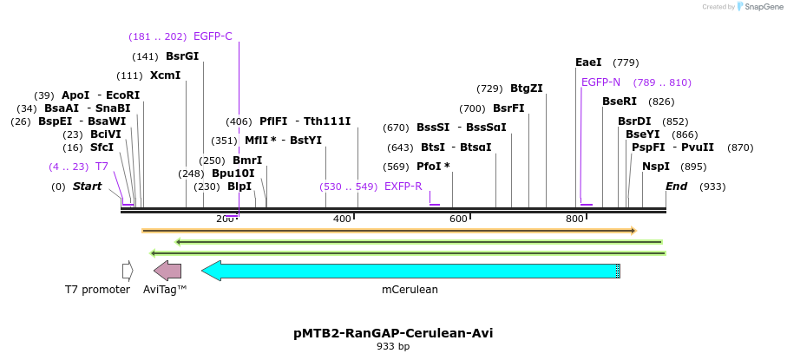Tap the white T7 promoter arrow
[128, 271]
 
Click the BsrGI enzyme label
[182, 56]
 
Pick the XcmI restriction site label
[165, 75]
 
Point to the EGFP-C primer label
[213, 36]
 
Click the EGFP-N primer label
[600, 82]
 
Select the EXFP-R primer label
[403, 187]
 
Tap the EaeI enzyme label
[588, 62]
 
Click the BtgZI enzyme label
[526, 88]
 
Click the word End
[676, 187]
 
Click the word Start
[87, 187]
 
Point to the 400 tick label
[342, 219]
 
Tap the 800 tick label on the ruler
[574, 219]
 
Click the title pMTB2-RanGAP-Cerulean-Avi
[393, 333]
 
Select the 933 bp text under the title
[393, 347]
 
